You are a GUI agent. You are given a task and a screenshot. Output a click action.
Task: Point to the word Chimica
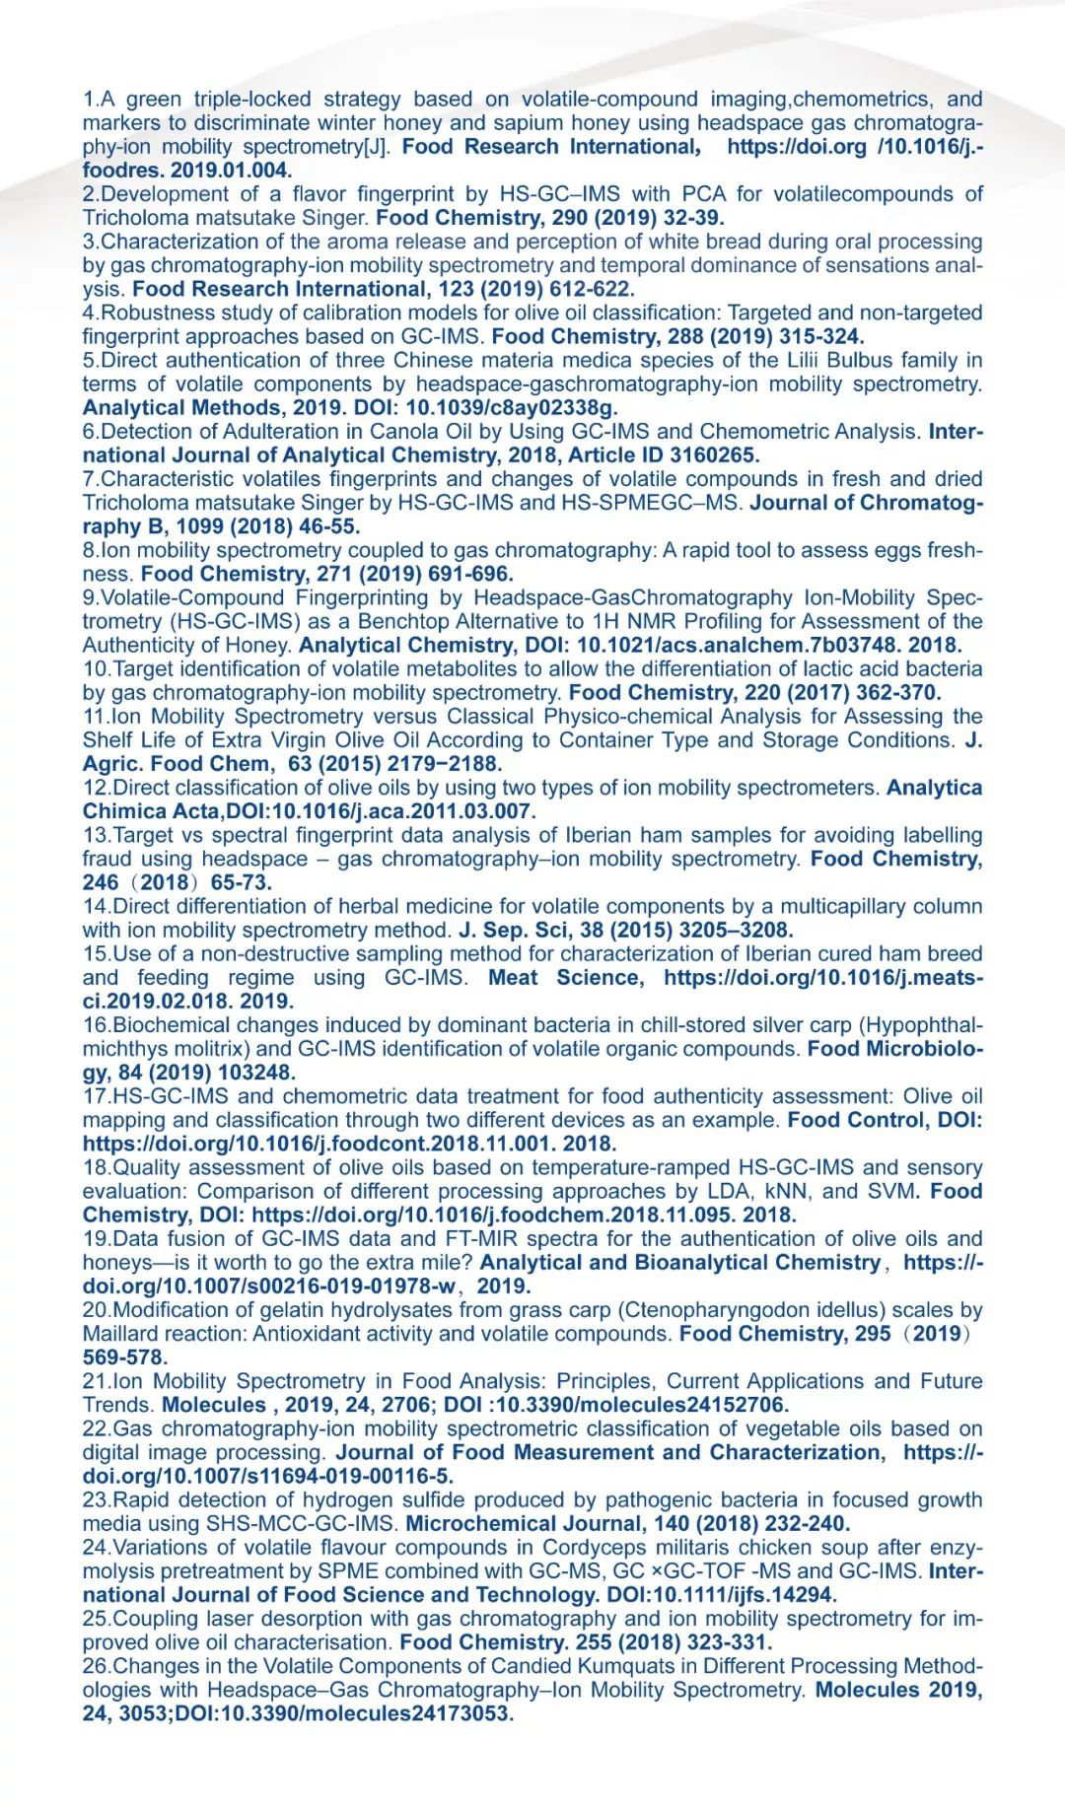[x=124, y=811]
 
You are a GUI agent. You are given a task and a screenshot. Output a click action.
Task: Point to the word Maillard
[x=121, y=1334]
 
